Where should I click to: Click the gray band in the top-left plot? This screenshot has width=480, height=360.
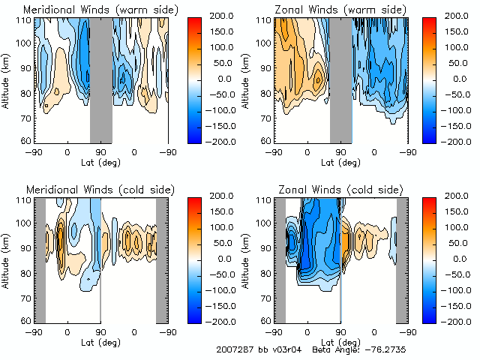pyautogui.click(x=101, y=79)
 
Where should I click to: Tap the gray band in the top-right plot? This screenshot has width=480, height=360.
pyautogui.click(x=340, y=79)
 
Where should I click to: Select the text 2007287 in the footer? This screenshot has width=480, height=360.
pyautogui.click(x=234, y=349)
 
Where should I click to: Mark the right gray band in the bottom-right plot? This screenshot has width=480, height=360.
pyautogui.click(x=401, y=259)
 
